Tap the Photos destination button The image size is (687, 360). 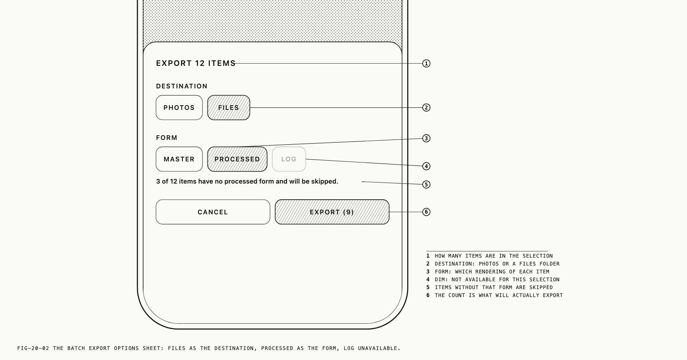[x=179, y=107]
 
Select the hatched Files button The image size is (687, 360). [x=229, y=107]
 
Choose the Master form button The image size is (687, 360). [x=179, y=159]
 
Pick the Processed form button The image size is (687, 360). [x=237, y=159]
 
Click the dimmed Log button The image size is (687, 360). [x=289, y=159]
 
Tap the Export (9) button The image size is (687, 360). [x=332, y=212]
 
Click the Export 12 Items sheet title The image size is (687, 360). [x=196, y=63]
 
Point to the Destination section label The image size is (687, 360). [x=182, y=86]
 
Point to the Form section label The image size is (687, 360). [x=167, y=138]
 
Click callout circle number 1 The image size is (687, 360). [x=426, y=63]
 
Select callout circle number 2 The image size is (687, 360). [x=426, y=107]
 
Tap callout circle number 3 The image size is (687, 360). [x=426, y=138]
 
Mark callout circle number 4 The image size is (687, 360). [x=426, y=166]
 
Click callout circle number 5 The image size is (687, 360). [x=426, y=184]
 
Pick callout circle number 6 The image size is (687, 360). [x=426, y=212]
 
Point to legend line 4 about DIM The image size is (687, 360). [x=493, y=279]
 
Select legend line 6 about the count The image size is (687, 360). [x=494, y=295]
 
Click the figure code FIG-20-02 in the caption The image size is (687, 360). [x=33, y=348]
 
